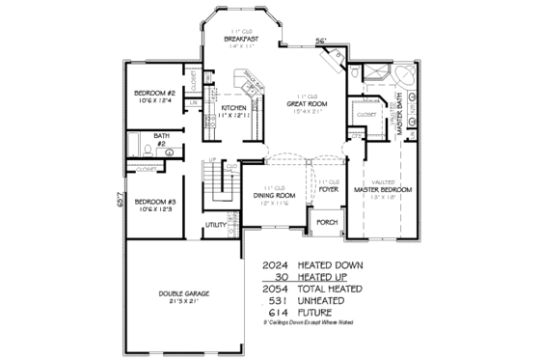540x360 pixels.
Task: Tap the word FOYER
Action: tap(329, 190)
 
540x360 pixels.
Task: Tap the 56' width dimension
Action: tap(321, 41)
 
